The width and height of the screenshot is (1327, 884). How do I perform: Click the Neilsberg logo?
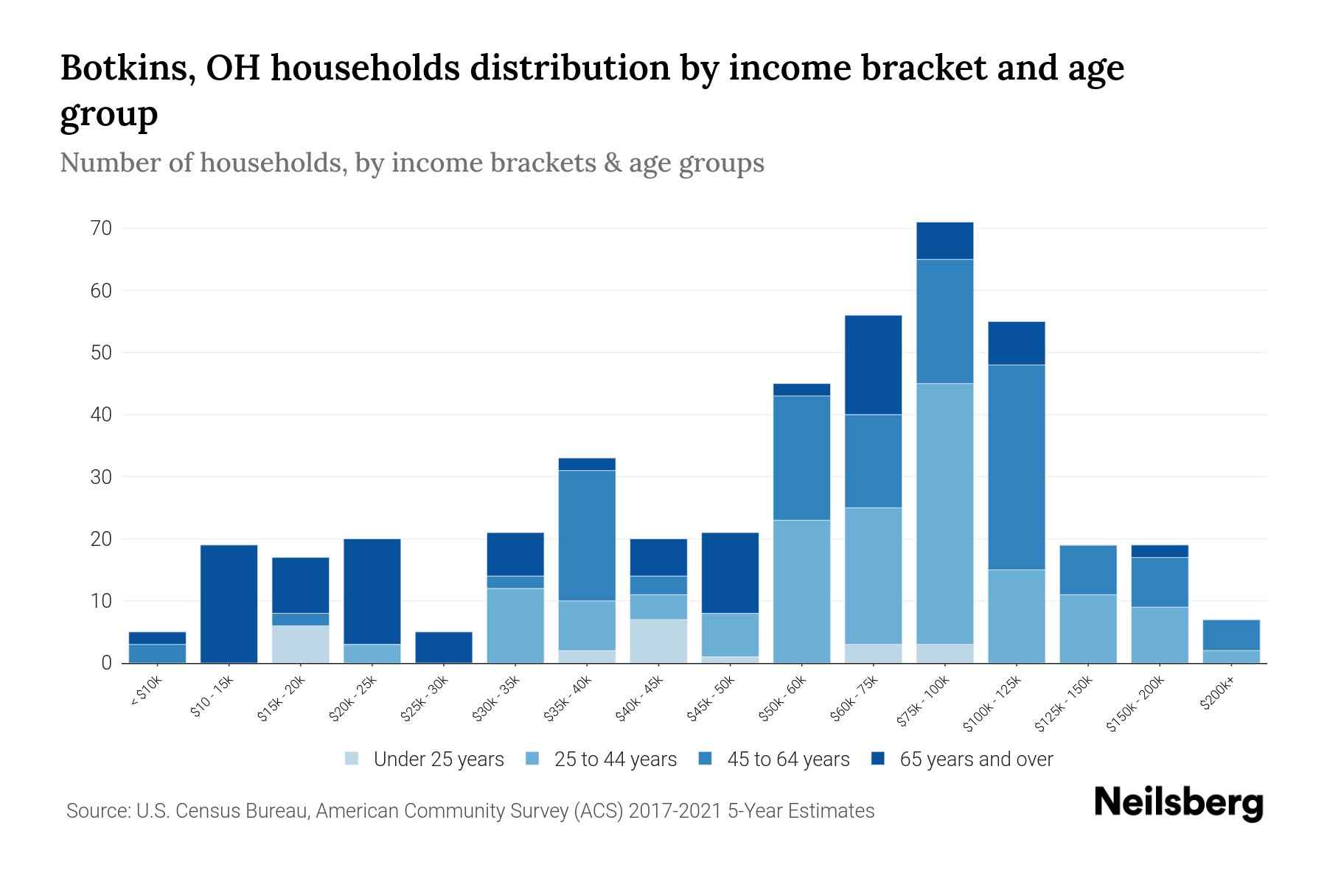point(1178,804)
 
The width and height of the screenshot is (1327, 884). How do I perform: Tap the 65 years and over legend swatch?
point(878,759)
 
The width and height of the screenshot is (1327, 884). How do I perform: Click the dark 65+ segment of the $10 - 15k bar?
point(229,604)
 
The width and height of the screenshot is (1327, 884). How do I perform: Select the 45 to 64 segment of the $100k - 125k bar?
point(1016,467)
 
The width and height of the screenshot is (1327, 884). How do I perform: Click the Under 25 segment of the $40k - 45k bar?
point(658,641)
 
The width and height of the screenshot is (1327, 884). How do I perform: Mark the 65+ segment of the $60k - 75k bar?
point(873,365)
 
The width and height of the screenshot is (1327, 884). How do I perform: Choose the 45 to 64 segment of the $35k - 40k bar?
point(587,536)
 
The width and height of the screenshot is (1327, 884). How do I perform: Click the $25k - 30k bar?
point(444,648)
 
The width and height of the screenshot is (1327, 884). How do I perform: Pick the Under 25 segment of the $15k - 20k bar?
point(300,645)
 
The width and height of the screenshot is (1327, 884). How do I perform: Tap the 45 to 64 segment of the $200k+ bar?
point(1230,635)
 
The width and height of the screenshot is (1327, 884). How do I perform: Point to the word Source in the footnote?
point(97,811)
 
